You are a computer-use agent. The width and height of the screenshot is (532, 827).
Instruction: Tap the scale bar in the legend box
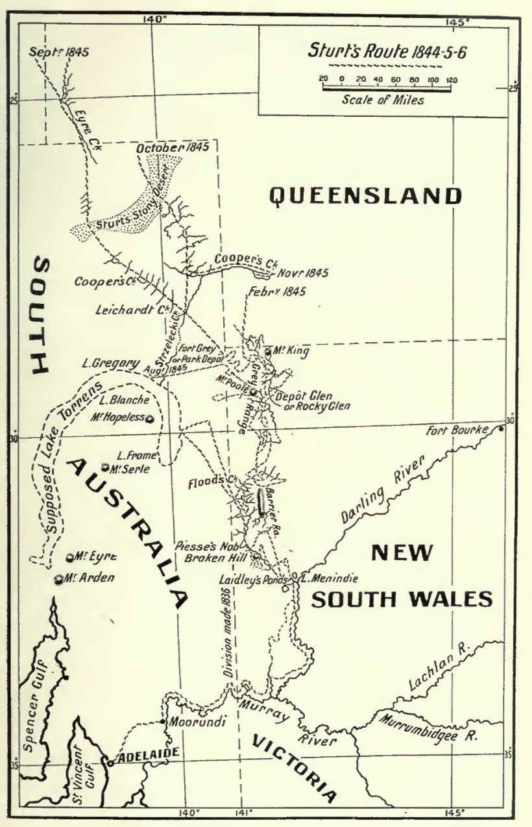387,89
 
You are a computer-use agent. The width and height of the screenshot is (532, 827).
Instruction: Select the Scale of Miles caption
383,100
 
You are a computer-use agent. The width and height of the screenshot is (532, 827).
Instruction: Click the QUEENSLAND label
365,195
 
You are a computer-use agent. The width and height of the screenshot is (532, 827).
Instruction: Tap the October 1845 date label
173,147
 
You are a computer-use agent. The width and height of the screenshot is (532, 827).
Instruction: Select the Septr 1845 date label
59,52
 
